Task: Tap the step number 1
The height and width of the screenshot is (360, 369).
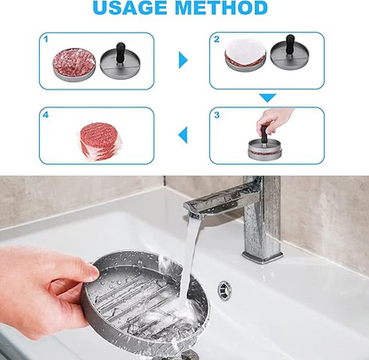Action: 45,39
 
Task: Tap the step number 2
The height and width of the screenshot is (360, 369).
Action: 216,39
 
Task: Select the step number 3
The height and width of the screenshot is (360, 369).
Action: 216,114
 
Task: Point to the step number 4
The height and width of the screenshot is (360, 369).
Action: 45,114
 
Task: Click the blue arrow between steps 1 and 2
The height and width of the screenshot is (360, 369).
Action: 183,60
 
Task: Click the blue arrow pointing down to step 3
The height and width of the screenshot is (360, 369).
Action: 267,98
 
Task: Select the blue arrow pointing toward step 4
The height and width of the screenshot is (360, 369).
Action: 183,135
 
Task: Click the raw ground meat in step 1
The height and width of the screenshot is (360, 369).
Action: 75,61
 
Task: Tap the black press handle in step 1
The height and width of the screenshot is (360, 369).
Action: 121,52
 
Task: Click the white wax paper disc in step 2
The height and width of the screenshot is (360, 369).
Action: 245,51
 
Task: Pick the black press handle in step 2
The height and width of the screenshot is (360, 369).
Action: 290,44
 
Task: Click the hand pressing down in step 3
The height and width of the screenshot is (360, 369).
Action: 273,120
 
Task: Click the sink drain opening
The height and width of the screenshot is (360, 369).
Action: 224,290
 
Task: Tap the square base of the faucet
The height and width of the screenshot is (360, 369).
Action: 261,254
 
